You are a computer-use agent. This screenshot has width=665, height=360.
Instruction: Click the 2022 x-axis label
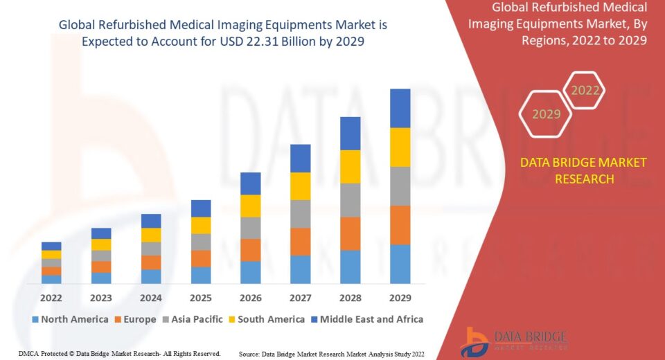pyautogui.click(x=51, y=298)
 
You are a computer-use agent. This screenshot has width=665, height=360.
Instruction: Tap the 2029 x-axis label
pyautogui.click(x=400, y=298)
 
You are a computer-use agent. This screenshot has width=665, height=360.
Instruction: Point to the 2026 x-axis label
pyautogui.click(x=251, y=298)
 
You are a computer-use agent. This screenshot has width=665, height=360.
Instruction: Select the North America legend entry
pyautogui.click(x=70, y=319)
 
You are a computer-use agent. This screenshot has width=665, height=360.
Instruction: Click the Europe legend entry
pyautogui.click(x=135, y=319)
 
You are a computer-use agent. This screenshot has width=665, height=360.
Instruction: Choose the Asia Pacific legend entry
pyautogui.click(x=193, y=319)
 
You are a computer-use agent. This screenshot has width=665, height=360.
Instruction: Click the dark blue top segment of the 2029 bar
pyautogui.click(x=400, y=108)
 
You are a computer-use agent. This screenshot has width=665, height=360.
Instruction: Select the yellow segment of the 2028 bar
pyautogui.click(x=351, y=166)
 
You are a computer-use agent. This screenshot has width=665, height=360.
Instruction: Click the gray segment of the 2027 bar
pyautogui.click(x=301, y=214)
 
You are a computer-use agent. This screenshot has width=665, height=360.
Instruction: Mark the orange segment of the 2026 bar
pyautogui.click(x=251, y=250)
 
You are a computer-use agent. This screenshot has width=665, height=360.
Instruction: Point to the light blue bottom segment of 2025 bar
pyautogui.click(x=201, y=275)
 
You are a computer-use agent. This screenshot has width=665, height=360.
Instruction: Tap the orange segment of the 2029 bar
pyautogui.click(x=400, y=225)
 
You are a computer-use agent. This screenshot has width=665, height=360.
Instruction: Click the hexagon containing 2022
pyautogui.click(x=584, y=91)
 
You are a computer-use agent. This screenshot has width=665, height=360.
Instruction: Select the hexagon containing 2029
pyautogui.click(x=546, y=114)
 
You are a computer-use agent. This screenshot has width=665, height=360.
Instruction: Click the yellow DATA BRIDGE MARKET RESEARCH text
pyautogui.click(x=583, y=170)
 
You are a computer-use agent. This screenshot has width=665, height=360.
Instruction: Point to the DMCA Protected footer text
pyautogui.click(x=120, y=354)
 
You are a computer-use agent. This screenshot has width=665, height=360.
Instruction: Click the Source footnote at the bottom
pyautogui.click(x=331, y=354)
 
